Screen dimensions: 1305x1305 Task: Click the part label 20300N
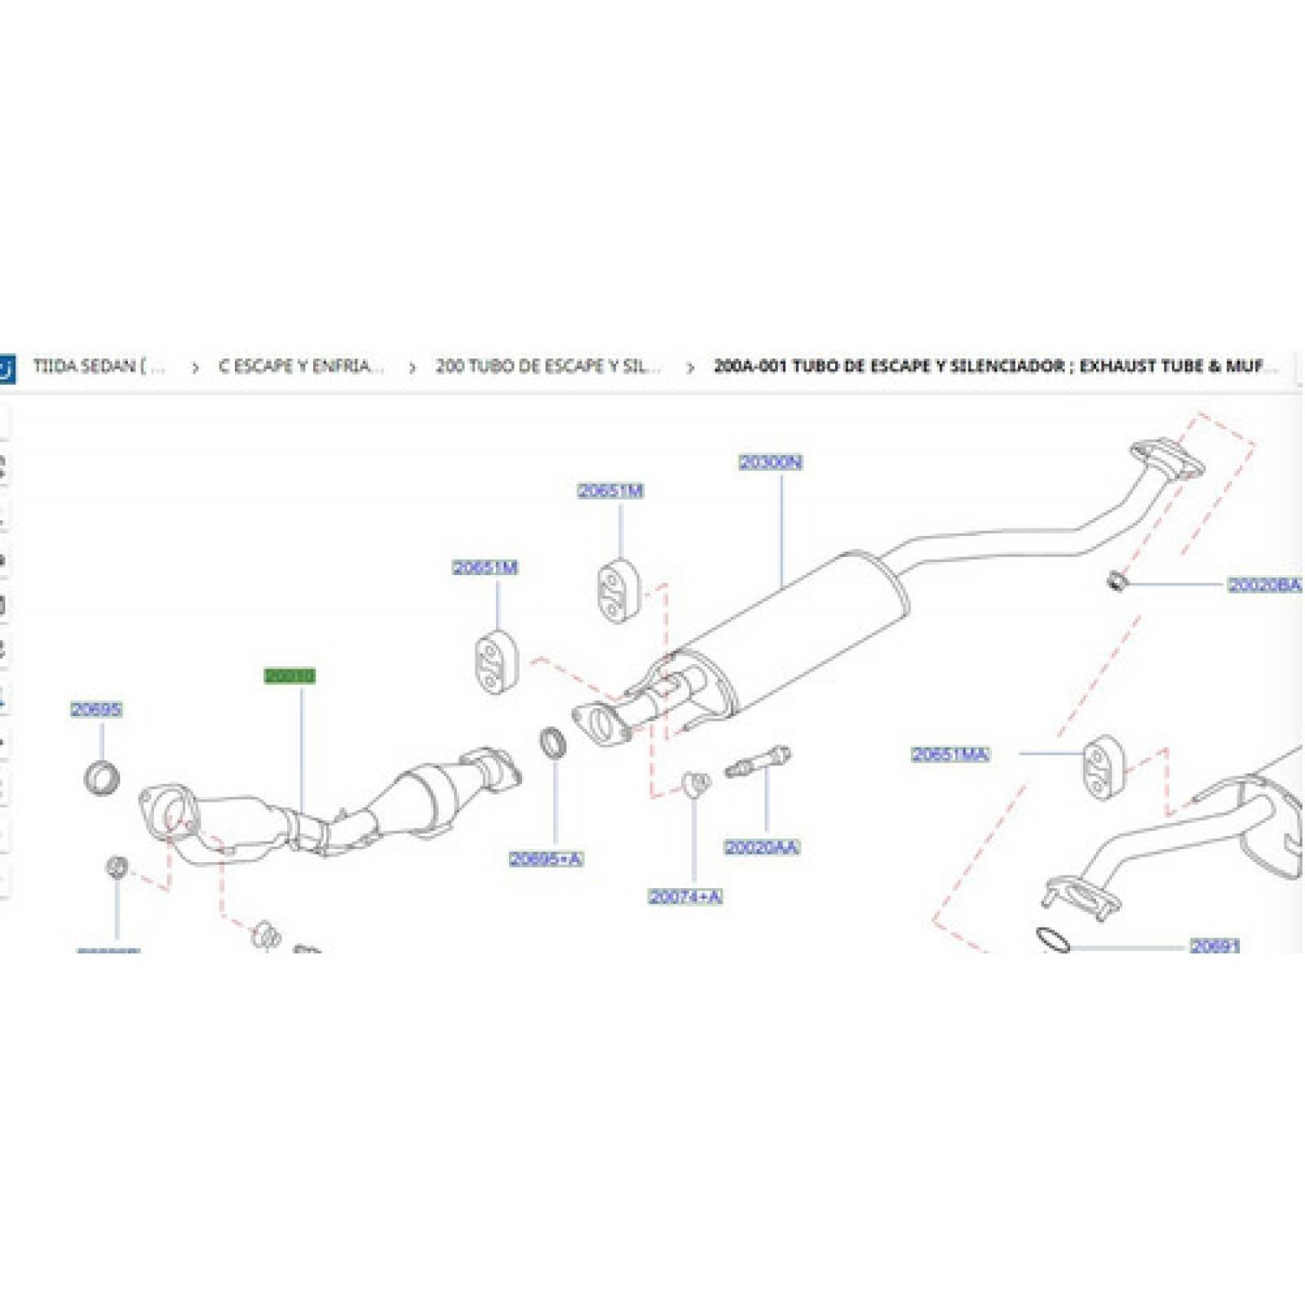point(770,462)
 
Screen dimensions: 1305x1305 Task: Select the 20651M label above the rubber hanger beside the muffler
point(610,491)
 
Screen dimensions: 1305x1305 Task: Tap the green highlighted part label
point(290,676)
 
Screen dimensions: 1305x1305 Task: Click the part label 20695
point(96,710)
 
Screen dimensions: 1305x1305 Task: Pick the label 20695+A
point(546,859)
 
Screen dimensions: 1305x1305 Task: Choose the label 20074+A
point(685,897)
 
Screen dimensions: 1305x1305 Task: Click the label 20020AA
point(762,848)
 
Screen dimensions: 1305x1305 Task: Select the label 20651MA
point(950,754)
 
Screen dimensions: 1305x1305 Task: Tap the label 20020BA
point(1264,585)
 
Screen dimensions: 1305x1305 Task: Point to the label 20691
point(1214,946)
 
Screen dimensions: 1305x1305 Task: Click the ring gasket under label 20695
point(102,777)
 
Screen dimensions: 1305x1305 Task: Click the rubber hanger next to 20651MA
point(1104,767)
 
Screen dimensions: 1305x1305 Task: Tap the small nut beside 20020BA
point(1117,582)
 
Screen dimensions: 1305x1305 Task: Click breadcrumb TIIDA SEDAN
point(99,366)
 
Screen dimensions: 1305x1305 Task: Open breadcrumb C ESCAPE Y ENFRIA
point(300,366)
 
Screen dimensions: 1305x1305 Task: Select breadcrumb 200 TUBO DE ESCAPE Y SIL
point(547,366)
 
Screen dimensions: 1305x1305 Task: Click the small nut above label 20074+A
point(695,784)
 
